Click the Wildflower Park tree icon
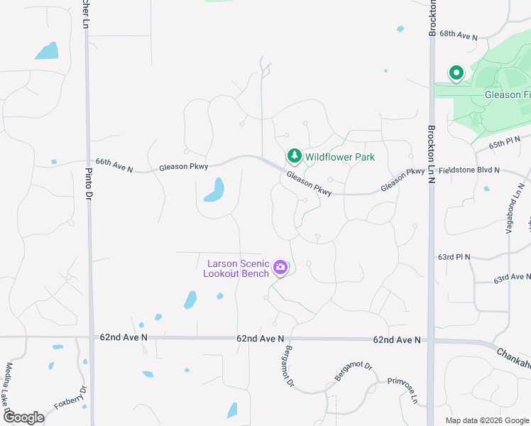pyautogui.click(x=294, y=155)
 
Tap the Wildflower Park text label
pyautogui.click(x=340, y=157)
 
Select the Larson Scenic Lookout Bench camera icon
pyautogui.click(x=280, y=268)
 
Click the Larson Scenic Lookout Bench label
pyautogui.click(x=236, y=268)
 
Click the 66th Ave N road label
pyautogui.click(x=114, y=165)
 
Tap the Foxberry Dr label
pyautogui.click(x=72, y=400)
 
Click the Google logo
pyautogui.click(x=23, y=417)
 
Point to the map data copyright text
pyautogui.click(x=486, y=420)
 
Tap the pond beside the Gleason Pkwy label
pyautogui.click(x=214, y=190)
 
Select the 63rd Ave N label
pyautogui.click(x=513, y=278)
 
